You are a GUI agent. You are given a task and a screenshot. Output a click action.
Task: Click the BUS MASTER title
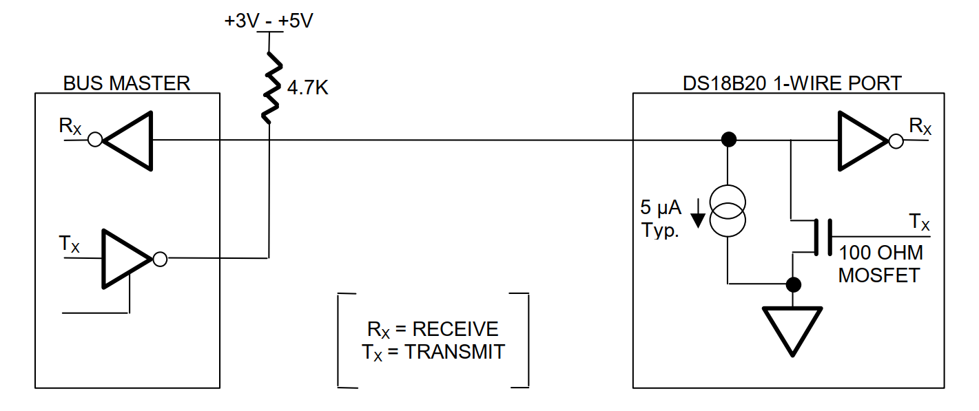tap(126, 83)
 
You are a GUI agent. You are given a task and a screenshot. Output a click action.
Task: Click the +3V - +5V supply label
tap(268, 21)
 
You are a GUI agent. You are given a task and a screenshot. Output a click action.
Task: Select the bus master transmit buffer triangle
tap(125, 259)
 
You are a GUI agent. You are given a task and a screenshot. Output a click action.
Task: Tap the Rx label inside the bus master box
tap(72, 126)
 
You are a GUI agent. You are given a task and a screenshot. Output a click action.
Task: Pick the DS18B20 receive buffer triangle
tap(861, 141)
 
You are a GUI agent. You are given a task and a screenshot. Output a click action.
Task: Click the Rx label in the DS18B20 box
tap(920, 127)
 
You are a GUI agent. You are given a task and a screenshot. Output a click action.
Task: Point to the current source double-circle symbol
tap(728, 211)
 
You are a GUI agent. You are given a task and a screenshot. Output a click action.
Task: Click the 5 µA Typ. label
tap(660, 220)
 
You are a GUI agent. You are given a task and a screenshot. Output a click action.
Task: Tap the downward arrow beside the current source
tap(698, 213)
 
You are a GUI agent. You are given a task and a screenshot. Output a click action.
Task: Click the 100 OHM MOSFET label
tap(880, 264)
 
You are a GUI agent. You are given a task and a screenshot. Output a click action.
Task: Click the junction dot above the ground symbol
tap(793, 284)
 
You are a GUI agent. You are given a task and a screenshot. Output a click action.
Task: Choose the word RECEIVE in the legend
tap(455, 328)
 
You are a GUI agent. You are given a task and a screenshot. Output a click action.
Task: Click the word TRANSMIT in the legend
tap(455, 352)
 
